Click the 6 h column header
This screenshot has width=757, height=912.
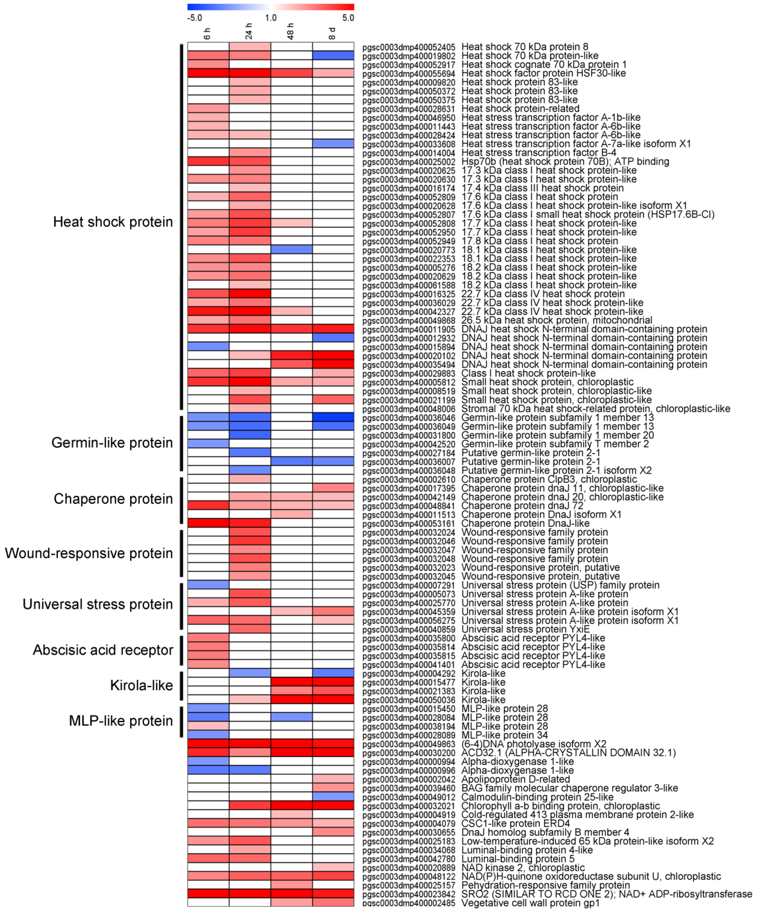pos(207,33)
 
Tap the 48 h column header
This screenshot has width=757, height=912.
pos(291,31)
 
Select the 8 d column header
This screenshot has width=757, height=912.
pos(332,33)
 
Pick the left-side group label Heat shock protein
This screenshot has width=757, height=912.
pos(113,222)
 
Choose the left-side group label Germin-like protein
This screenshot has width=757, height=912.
pos(112,442)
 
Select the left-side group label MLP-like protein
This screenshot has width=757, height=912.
pos(121,721)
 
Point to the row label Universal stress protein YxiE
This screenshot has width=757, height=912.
pos(526,629)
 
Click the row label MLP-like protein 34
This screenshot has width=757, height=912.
pos(504,735)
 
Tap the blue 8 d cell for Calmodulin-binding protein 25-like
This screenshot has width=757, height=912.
pos(333,797)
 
